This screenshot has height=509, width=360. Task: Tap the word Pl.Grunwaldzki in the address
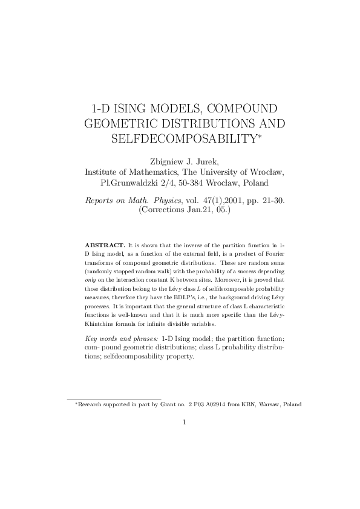click(x=130, y=183)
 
